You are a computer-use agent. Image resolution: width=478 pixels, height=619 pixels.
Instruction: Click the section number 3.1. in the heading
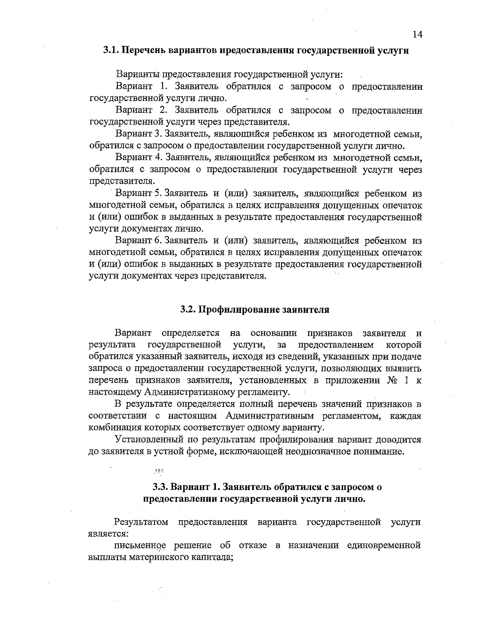pos(111,51)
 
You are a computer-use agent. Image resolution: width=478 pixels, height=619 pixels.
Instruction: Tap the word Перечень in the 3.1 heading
pos(143,51)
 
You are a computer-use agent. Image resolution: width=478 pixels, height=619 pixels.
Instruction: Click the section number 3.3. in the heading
pos(162,487)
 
